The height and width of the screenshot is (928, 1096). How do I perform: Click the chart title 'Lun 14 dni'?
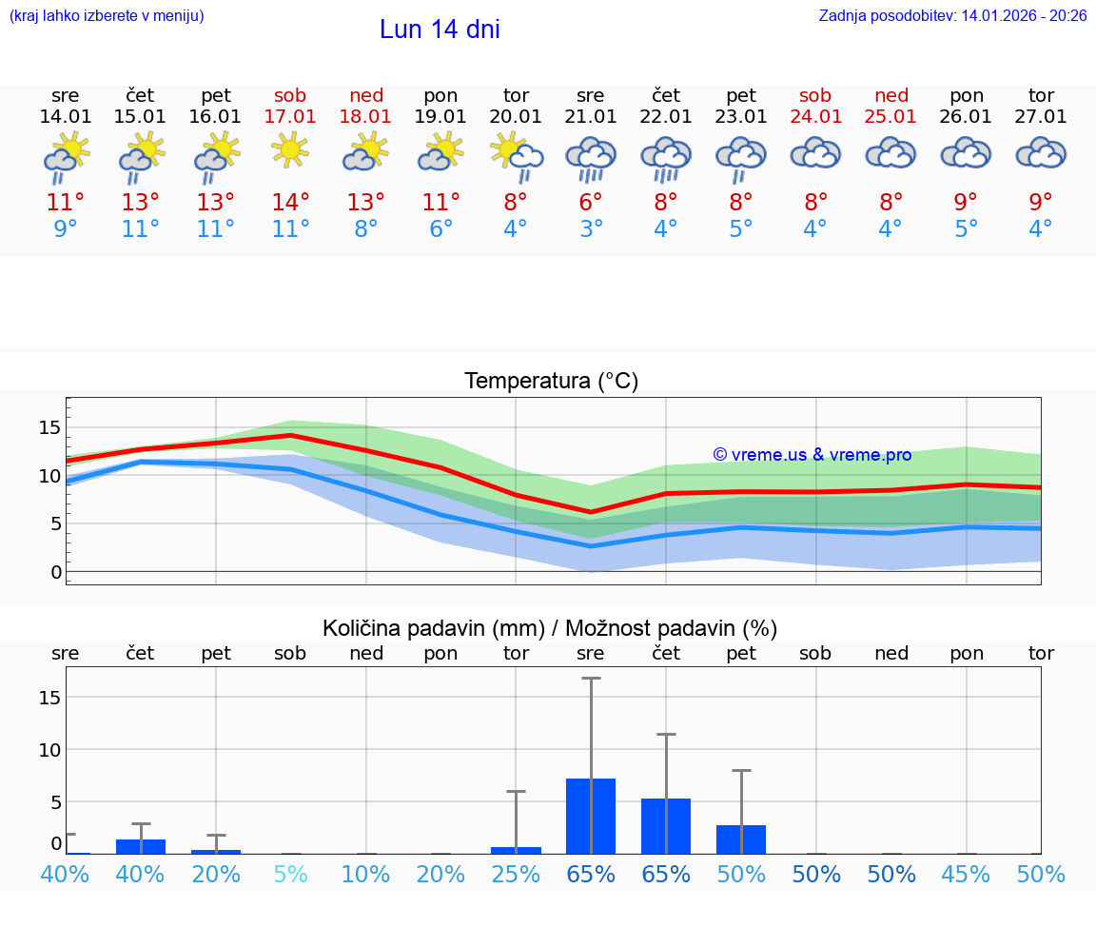tap(440, 30)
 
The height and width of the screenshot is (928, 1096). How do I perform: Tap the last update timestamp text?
tap(952, 15)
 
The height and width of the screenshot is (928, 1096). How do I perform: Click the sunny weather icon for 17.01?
tap(290, 150)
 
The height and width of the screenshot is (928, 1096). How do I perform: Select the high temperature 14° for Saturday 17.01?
tap(290, 203)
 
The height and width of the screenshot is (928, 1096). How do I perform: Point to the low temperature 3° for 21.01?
tap(591, 229)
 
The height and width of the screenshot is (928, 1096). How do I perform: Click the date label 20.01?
tap(516, 117)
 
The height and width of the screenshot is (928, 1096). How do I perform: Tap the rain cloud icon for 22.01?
tap(665, 157)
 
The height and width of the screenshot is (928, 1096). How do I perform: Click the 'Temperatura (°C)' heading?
tap(551, 382)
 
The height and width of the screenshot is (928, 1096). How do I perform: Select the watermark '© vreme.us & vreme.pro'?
tap(812, 455)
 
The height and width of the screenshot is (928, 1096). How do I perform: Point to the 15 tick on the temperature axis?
tap(50, 427)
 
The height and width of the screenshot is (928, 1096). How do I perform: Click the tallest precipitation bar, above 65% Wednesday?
tap(591, 816)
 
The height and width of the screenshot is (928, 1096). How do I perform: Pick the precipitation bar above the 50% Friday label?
tap(741, 839)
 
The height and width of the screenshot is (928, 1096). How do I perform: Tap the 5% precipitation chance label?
tap(290, 874)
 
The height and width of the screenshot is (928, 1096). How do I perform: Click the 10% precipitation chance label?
tap(365, 874)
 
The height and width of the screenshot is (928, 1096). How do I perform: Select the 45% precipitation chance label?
tap(966, 874)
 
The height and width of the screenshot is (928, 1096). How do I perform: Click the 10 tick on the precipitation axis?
tap(50, 750)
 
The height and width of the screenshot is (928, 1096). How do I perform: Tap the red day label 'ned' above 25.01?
tap(891, 95)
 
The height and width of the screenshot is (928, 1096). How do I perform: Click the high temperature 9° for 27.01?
tap(1041, 203)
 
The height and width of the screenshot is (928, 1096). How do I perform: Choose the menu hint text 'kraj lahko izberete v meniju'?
tap(107, 15)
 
